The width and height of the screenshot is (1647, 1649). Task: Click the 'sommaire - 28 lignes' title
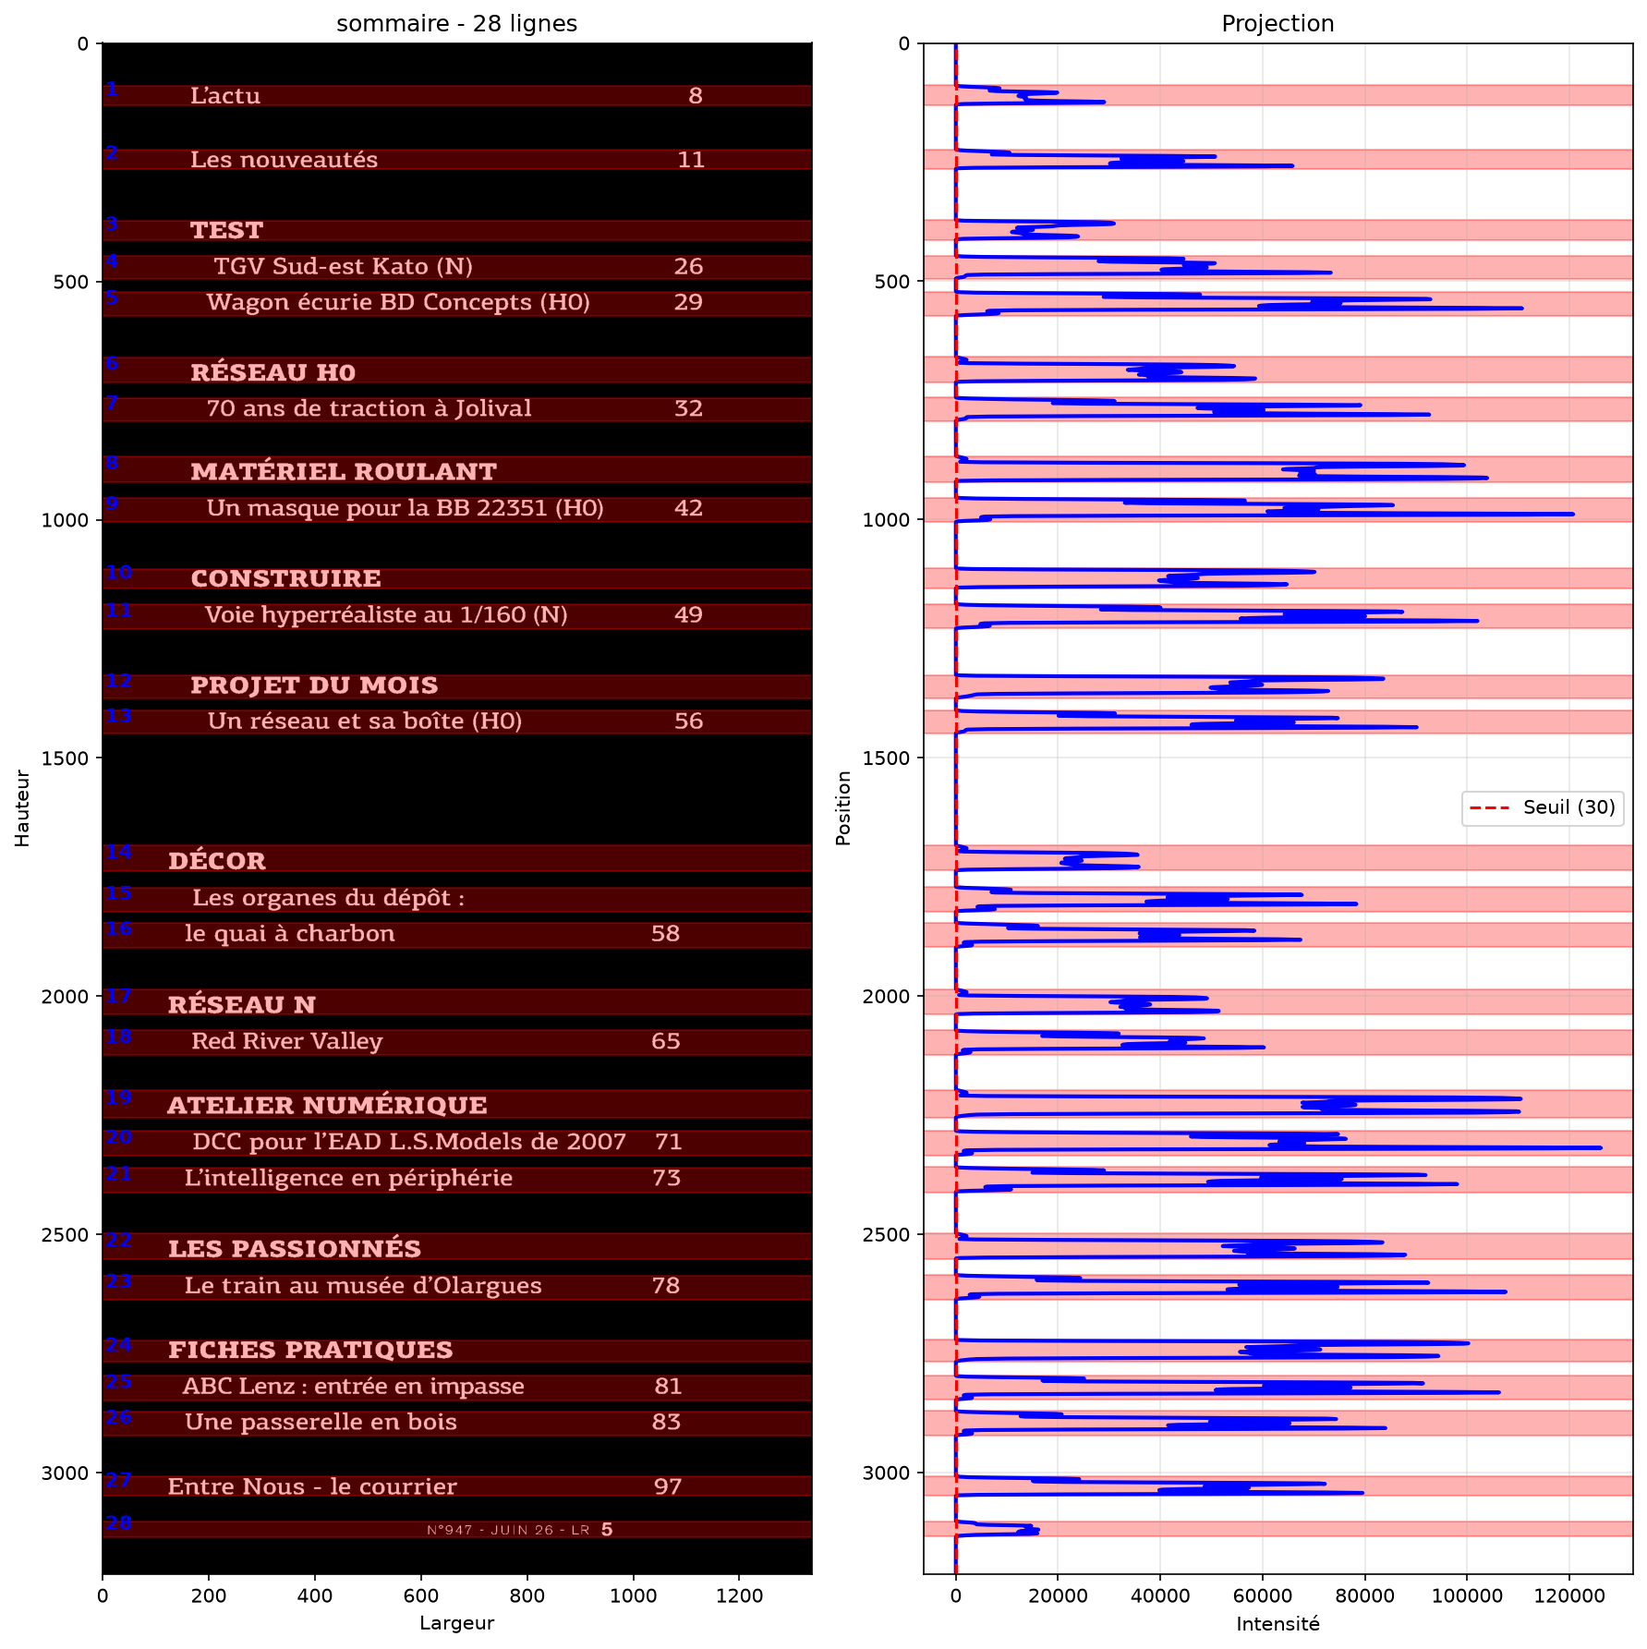[456, 23]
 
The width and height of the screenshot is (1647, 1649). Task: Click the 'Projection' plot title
[1278, 23]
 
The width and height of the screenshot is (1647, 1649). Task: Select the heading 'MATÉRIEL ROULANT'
[344, 471]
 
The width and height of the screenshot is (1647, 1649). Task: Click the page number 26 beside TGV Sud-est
[688, 266]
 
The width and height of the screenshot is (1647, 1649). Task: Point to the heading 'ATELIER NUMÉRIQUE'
[327, 1105]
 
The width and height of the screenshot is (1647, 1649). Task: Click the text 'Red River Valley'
[286, 1041]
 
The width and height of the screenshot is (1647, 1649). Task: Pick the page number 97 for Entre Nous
[667, 1486]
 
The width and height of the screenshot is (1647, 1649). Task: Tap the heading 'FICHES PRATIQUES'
[310, 1350]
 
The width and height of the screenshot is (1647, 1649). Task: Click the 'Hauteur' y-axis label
[22, 808]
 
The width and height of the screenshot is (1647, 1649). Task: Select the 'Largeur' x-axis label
[456, 1623]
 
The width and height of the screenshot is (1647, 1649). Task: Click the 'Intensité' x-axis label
[1278, 1623]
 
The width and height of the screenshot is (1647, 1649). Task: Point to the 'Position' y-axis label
[842, 808]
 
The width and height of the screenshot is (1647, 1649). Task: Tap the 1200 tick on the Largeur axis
[740, 1595]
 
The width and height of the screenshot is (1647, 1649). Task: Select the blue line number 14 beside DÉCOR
[118, 852]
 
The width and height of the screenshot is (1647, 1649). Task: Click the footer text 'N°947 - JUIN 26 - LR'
[508, 1530]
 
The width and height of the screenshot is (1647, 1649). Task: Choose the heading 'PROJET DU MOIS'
[314, 685]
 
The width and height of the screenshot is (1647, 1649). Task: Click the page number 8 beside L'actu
[696, 95]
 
